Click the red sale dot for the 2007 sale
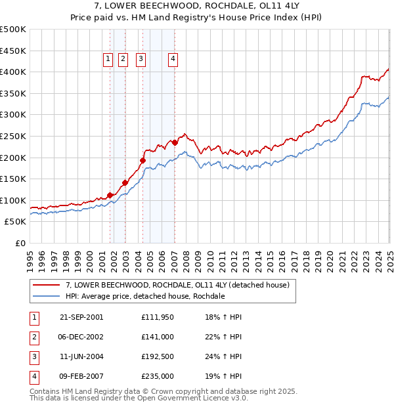175,142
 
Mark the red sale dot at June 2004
142,160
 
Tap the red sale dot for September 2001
110,195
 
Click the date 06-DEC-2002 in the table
81,337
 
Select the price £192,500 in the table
158,356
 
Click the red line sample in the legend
45,285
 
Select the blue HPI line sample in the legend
45,296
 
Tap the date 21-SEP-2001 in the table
81,317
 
